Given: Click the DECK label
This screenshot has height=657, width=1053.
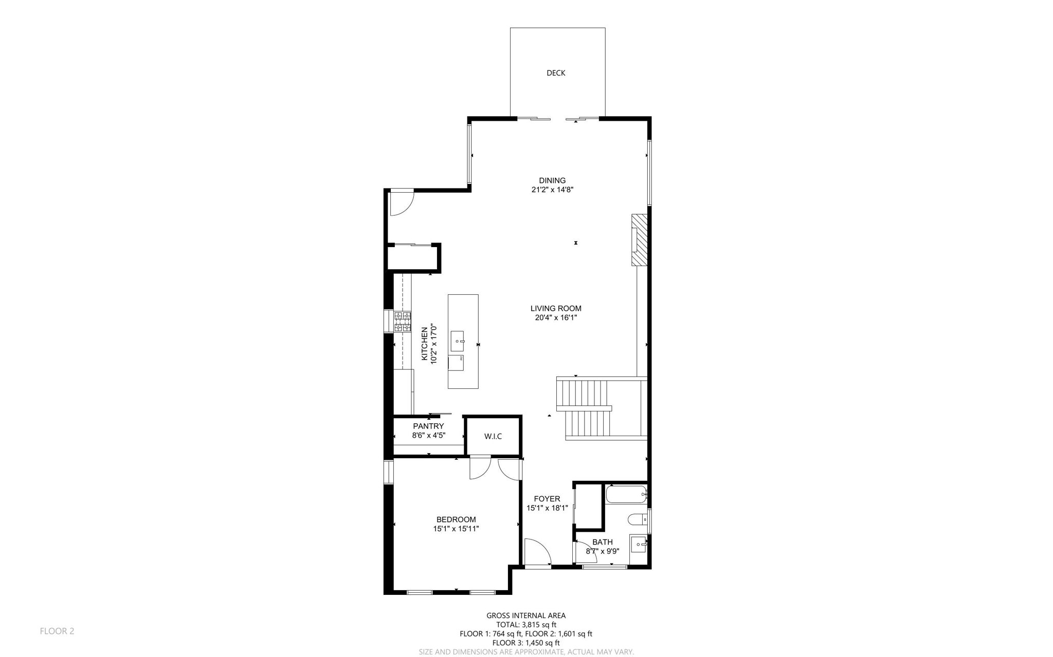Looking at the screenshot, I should pos(555,73).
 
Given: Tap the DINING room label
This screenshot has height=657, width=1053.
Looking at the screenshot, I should pos(552,180).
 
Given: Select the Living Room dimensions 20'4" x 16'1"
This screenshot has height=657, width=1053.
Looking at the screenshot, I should pos(556,317).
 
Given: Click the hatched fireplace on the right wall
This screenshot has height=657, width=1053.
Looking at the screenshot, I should pos(640,240).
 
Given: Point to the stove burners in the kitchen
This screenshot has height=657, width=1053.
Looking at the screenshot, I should pos(403,322).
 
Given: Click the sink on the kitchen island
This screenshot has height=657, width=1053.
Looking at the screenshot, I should pos(457,341).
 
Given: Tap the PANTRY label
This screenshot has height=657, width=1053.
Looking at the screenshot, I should pos(428,426).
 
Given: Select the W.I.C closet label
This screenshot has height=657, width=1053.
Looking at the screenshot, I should pos(493,436).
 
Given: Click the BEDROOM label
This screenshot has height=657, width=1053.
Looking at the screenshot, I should pos(456,519).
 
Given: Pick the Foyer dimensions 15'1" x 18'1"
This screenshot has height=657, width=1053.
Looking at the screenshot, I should pos(547,508).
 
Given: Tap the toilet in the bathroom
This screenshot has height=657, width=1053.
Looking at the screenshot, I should pos(638,520).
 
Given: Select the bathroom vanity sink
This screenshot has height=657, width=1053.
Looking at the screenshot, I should pos(638,543).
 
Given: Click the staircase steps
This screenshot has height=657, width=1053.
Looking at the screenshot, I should pos(586,408).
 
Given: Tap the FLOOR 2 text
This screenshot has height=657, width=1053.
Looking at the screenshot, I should pos(57,631).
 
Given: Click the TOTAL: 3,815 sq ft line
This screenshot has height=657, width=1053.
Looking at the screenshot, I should pos(526,625).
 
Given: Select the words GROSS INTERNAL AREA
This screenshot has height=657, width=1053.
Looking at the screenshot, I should pos(526,615).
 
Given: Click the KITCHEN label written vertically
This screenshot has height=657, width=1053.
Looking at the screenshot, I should pos(425,344).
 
